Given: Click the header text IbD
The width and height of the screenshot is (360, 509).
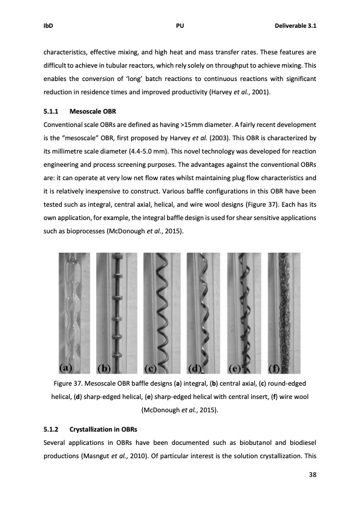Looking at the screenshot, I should (x=48, y=26).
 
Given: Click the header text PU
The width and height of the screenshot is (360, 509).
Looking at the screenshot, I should (x=180, y=26).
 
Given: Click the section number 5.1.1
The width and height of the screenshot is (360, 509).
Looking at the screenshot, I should (x=53, y=111).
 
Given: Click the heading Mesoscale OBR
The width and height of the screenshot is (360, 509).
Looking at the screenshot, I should (x=94, y=111).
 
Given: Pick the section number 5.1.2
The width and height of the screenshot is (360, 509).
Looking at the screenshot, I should (x=53, y=430).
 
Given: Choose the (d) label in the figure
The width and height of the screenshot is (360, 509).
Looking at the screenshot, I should (x=197, y=368).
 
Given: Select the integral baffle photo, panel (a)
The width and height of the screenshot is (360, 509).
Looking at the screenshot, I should (x=75, y=308).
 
